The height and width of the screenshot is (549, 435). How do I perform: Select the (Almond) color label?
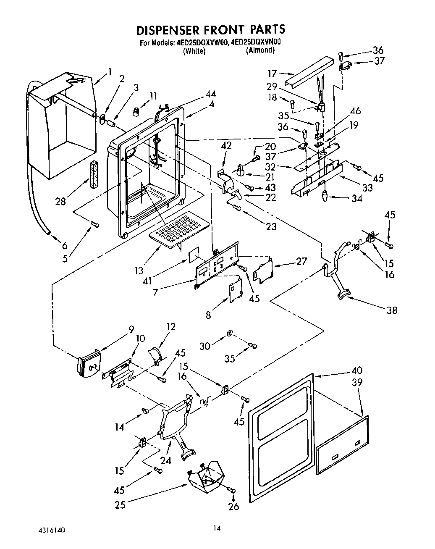[260, 50]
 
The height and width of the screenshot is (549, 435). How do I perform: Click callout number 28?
[60, 201]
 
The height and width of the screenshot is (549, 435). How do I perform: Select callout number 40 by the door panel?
[357, 370]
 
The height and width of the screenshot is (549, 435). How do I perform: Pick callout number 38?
[391, 310]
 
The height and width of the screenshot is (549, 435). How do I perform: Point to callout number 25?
[120, 504]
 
